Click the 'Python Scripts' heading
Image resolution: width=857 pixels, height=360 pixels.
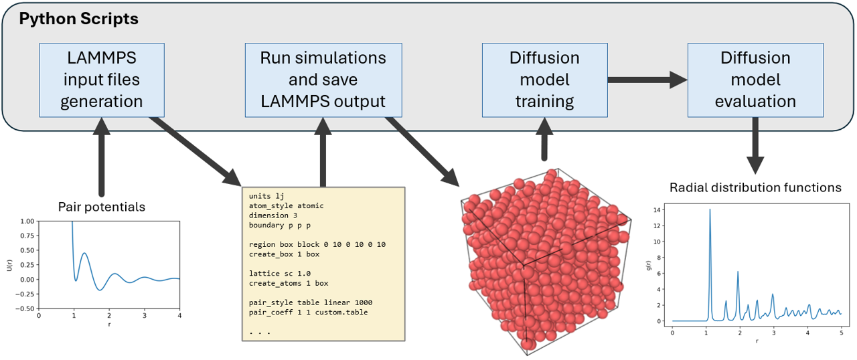[x=78, y=19]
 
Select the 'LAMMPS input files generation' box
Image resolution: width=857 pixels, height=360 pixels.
[x=102, y=80]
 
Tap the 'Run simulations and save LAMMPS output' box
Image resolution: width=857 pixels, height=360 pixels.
[x=323, y=80]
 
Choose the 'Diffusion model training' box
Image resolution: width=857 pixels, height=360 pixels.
[x=544, y=80]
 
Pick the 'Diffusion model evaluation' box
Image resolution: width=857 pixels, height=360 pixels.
[x=755, y=80]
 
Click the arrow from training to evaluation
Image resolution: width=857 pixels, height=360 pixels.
[x=647, y=80]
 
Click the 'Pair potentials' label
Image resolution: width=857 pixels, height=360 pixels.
[x=102, y=207]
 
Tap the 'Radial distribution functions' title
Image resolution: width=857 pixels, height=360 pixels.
[x=756, y=187]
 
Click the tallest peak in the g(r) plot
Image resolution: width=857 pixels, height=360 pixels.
[x=710, y=210]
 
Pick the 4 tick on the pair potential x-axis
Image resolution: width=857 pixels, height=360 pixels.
[x=179, y=315]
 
